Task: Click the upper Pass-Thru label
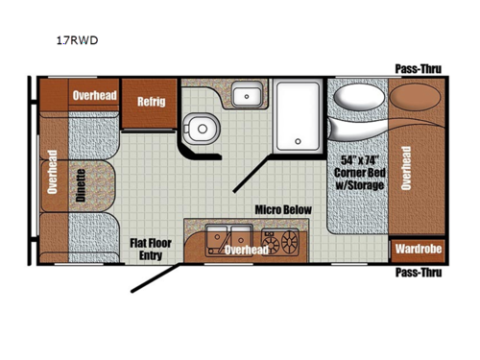click(419, 68)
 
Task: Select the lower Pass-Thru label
click(419, 272)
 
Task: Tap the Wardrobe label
click(418, 250)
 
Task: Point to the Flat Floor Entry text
click(151, 250)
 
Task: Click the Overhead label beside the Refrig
click(95, 94)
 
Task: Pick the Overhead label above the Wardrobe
click(406, 167)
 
